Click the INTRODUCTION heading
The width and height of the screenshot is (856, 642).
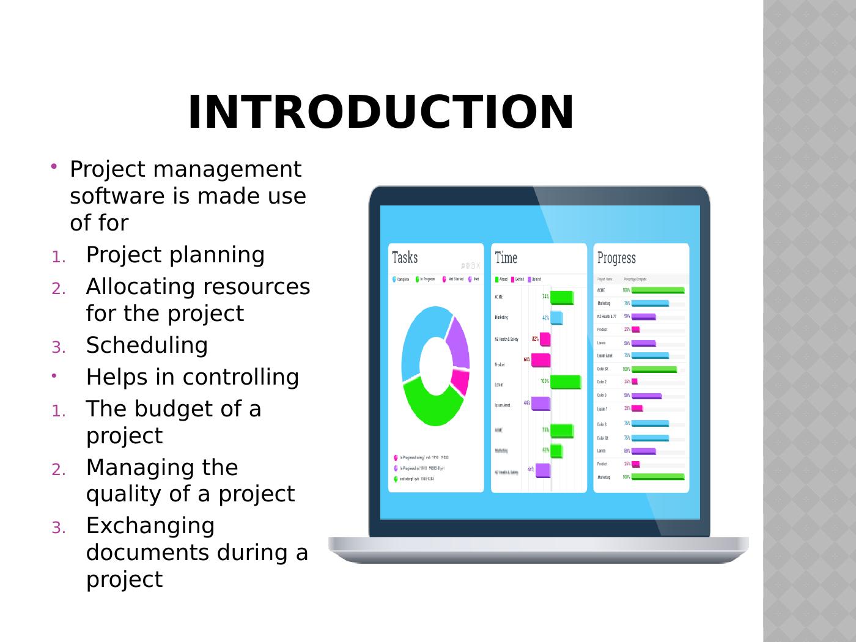pos(380,113)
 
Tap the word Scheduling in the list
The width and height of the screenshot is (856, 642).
pos(147,345)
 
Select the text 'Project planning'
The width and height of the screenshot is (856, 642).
pos(175,255)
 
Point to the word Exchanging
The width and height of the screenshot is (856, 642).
pos(150,526)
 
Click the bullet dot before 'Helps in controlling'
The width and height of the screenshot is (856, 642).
pos(54,376)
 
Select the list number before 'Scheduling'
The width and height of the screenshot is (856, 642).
pos(58,347)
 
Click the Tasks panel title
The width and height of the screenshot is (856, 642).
pos(405,257)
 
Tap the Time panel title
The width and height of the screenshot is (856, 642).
pos(506,258)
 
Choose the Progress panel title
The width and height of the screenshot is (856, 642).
pos(616,258)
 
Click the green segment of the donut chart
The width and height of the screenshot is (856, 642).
pos(431,407)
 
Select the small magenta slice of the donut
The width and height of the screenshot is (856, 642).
pos(460,382)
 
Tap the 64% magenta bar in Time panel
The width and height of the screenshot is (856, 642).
pos(541,360)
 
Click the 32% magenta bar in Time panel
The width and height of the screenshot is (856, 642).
pos(545,339)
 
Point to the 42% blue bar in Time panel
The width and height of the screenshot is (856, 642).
pos(556,318)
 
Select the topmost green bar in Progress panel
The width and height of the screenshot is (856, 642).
pos(657,290)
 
